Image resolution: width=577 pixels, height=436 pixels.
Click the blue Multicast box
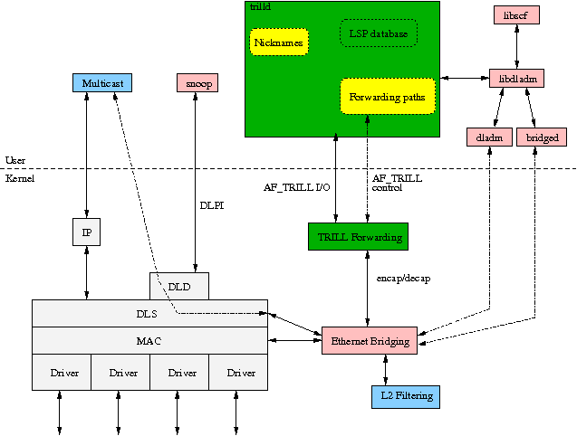click(x=102, y=82)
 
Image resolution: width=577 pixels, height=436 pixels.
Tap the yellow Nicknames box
click(x=279, y=42)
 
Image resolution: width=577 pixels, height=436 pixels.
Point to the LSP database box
click(x=378, y=34)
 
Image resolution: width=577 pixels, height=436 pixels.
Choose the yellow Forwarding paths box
click(x=388, y=97)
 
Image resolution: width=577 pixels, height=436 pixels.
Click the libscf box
click(x=515, y=14)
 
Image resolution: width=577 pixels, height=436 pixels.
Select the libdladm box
click(x=515, y=79)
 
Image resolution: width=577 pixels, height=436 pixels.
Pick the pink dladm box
click(x=488, y=137)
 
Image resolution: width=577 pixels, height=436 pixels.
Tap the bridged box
click(x=542, y=137)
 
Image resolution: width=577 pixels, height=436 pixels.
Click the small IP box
click(x=87, y=232)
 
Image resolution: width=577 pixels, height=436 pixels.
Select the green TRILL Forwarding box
click(x=357, y=236)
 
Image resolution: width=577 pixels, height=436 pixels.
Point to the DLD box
click(x=178, y=286)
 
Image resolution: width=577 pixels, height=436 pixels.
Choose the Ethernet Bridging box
click(x=370, y=341)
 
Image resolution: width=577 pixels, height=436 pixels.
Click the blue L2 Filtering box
click(x=407, y=396)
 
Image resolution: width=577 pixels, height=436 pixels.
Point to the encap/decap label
click(x=403, y=279)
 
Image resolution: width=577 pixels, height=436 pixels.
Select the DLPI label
click(x=211, y=205)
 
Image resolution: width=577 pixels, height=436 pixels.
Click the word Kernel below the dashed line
click(x=20, y=179)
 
